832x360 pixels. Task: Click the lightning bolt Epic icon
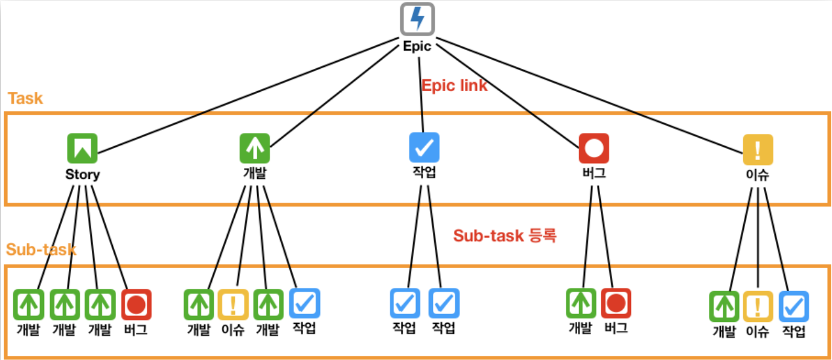417,19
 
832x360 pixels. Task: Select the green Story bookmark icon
82,148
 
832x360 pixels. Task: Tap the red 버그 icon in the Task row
594,148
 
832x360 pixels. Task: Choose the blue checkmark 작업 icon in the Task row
424,148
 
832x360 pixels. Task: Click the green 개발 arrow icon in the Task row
255,148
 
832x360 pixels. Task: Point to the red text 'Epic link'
454,86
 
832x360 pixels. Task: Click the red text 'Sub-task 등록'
505,236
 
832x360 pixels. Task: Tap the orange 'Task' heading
25,98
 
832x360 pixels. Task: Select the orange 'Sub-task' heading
41,249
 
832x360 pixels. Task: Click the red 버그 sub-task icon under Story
136,304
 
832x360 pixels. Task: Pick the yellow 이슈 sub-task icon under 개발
233,304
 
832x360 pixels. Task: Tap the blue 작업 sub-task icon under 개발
304,303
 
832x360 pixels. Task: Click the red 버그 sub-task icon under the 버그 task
616,303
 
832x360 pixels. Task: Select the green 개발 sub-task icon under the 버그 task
581,303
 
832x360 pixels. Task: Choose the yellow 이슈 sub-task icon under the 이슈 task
758,306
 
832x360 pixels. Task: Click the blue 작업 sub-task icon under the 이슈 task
794,306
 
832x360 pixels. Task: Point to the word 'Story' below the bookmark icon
83,175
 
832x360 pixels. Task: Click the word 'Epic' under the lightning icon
417,47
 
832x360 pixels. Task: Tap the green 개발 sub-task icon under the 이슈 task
723,306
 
